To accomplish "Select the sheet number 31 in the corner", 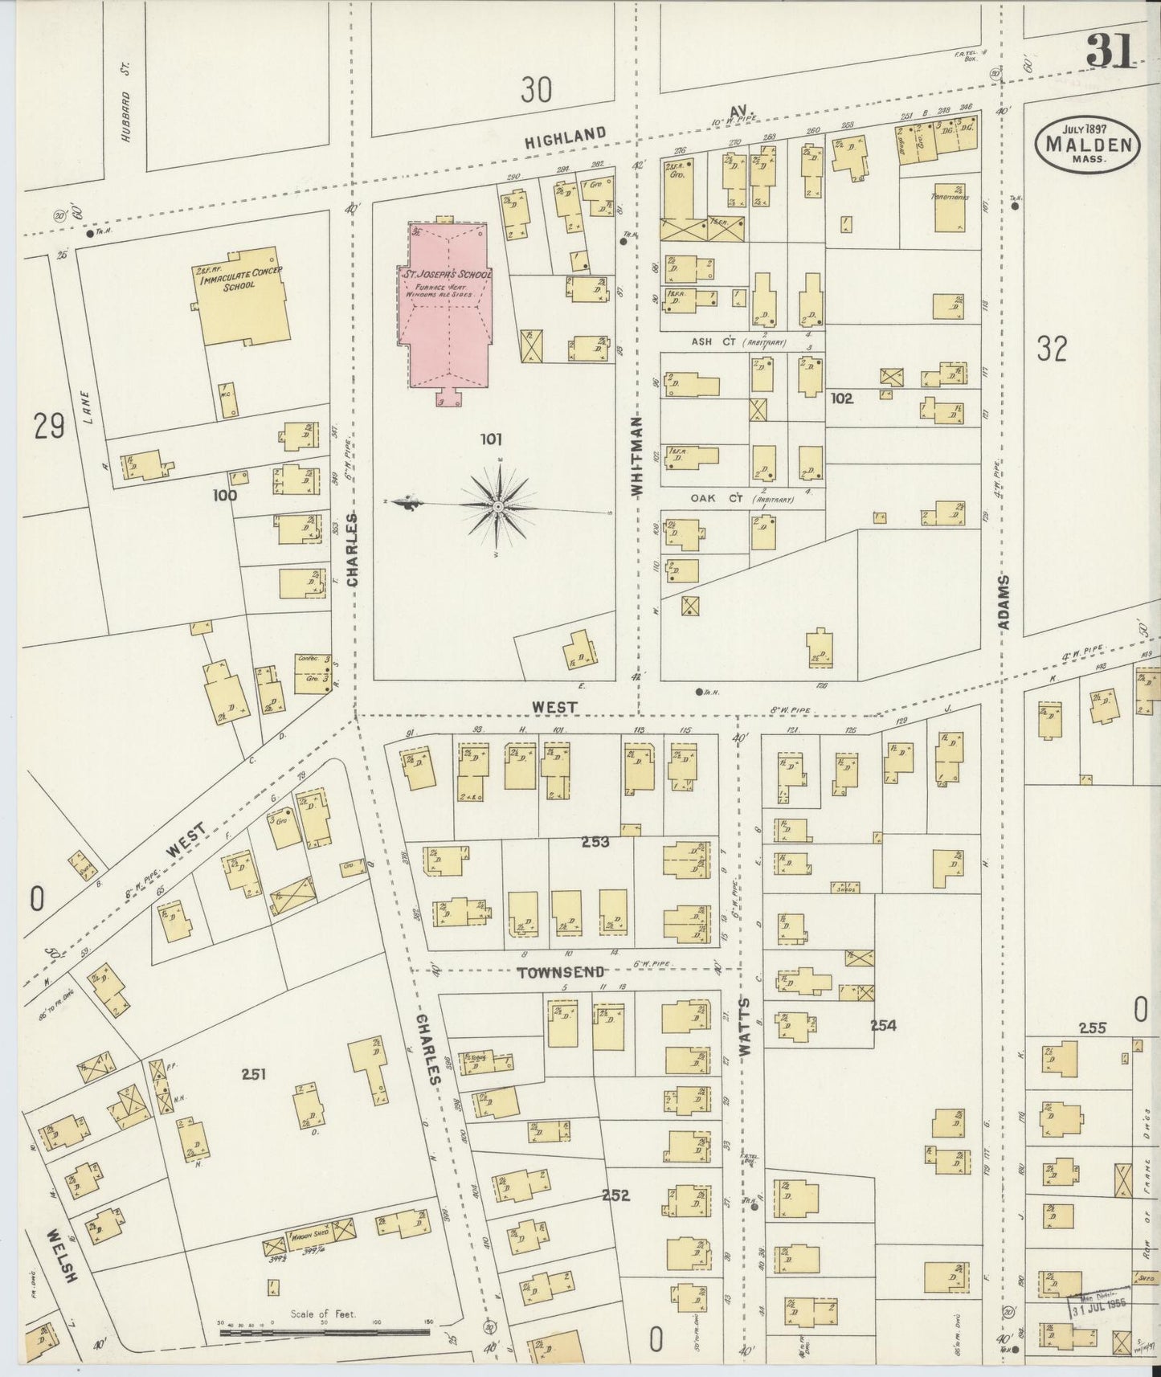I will pos(1110,52).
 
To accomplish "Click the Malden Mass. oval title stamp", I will pos(1089,145).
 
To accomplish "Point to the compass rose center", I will pos(498,506).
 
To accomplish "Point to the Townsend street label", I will pos(560,972).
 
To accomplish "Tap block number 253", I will pos(595,842).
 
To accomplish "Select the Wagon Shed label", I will pos(312,1236).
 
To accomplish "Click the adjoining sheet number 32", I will pos(1051,349).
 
